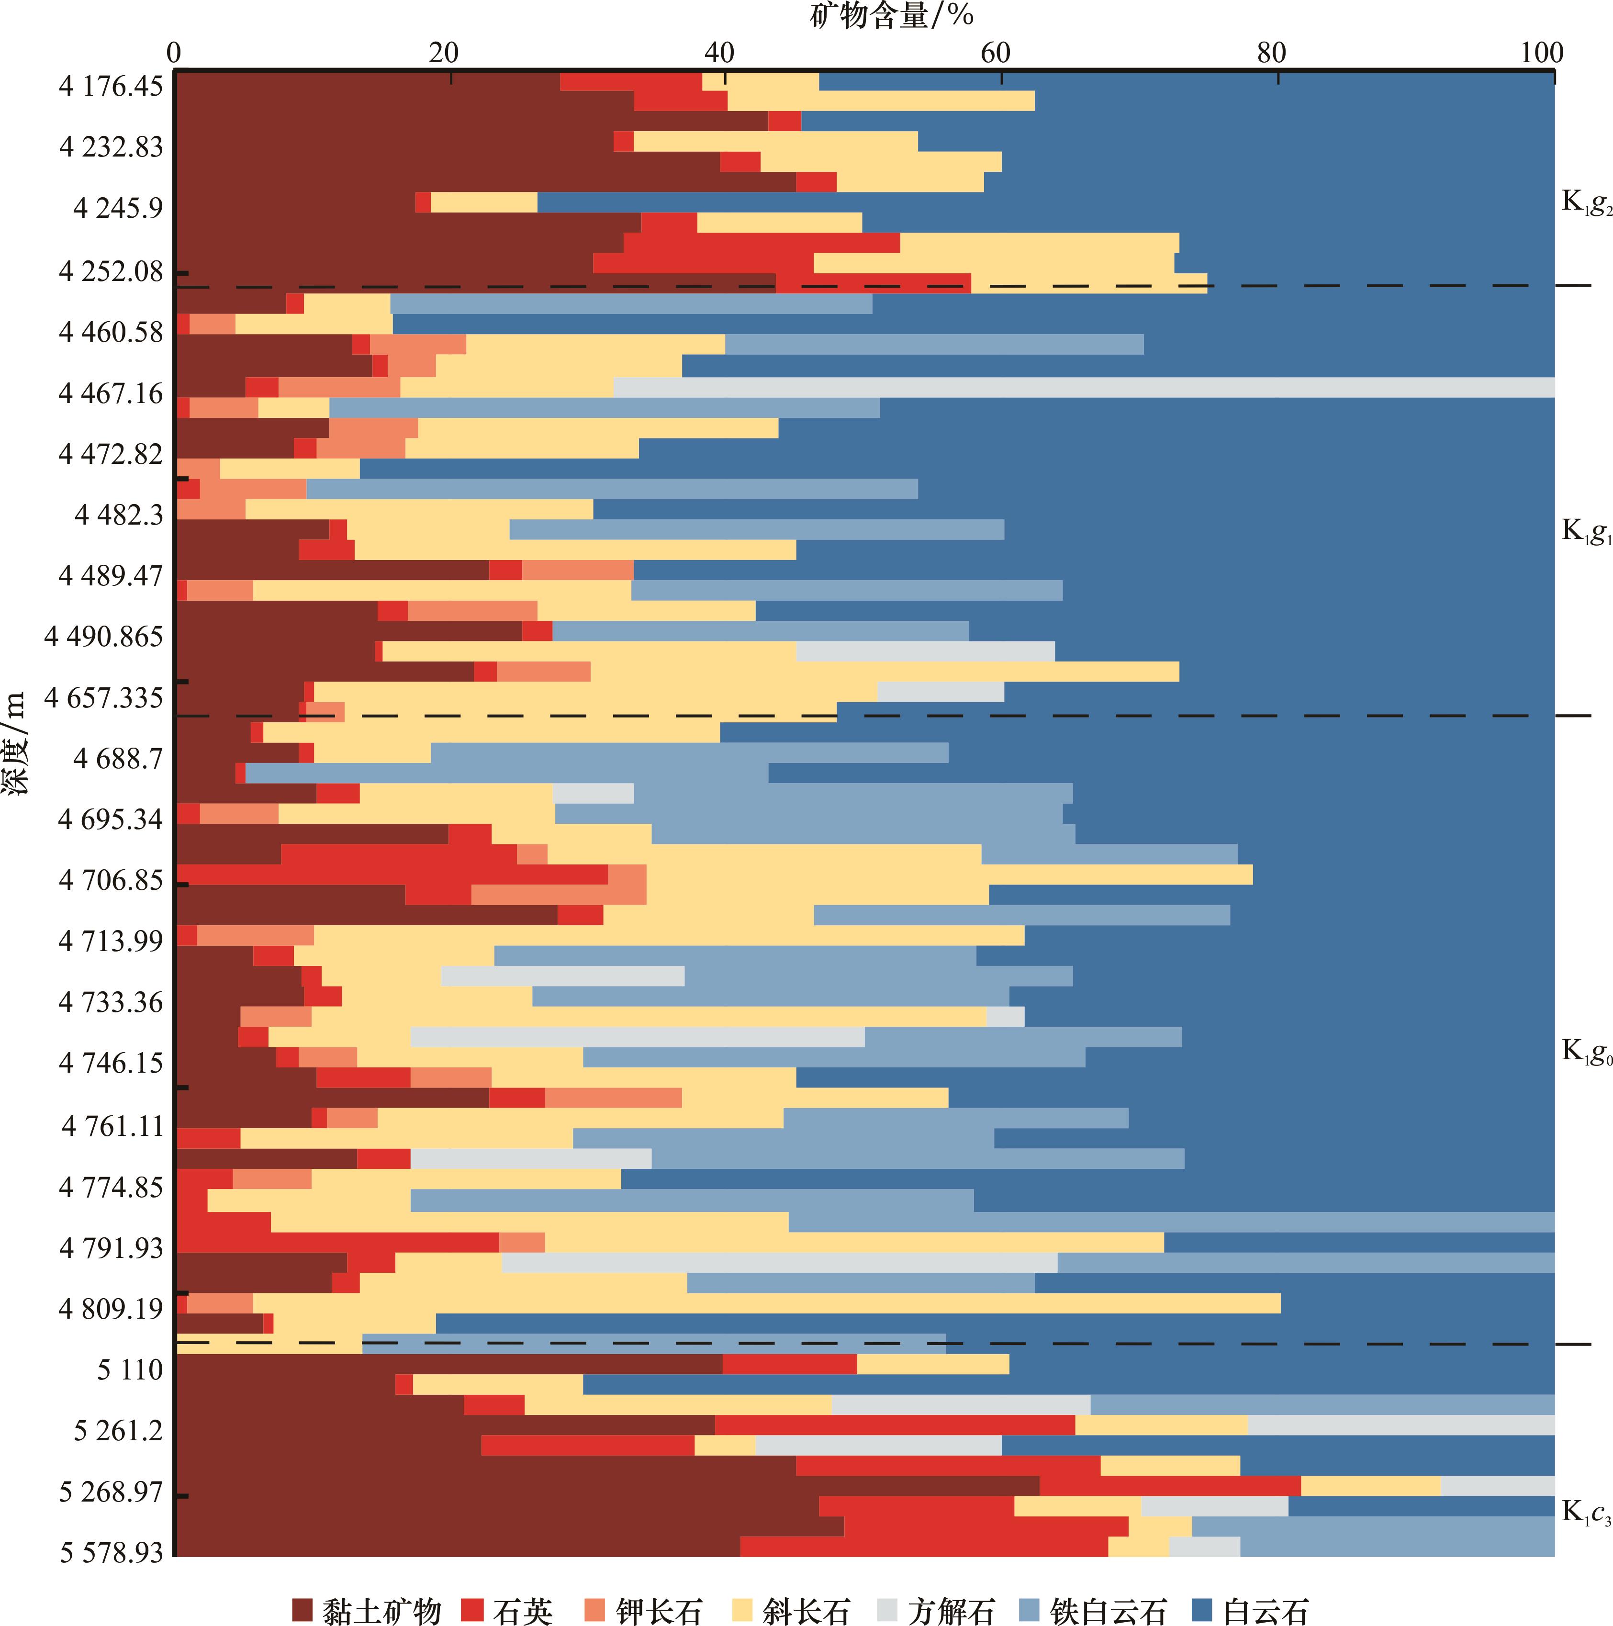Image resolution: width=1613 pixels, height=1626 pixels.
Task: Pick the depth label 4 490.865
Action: [103, 636]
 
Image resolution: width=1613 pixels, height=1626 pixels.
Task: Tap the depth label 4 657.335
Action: [103, 698]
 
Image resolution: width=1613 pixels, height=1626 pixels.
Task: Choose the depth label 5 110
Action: [130, 1369]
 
